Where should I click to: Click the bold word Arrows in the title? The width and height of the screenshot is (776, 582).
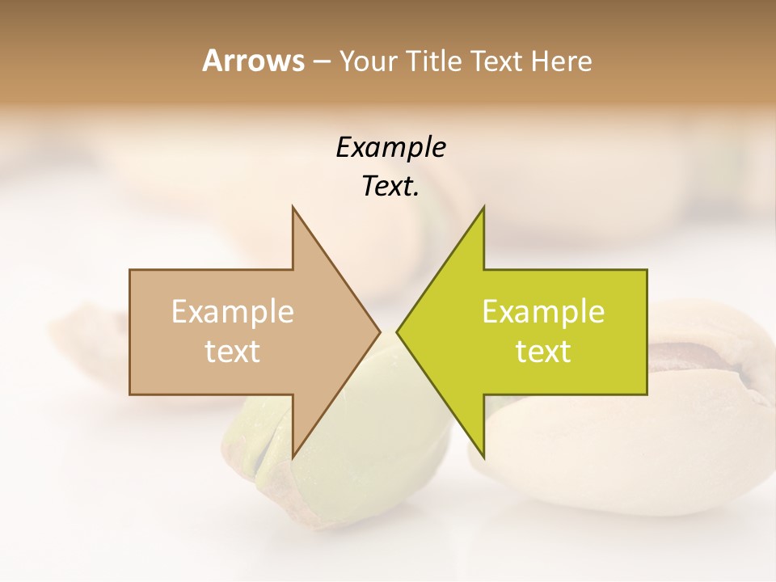click(253, 61)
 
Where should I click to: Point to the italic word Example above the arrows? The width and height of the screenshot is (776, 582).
click(390, 147)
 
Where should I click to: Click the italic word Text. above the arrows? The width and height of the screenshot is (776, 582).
click(390, 187)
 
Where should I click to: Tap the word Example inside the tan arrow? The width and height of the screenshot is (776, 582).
click(233, 311)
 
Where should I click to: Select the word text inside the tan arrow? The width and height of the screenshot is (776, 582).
click(233, 352)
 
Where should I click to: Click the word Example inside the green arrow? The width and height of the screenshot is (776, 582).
click(543, 311)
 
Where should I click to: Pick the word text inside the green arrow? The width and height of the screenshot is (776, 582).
click(543, 352)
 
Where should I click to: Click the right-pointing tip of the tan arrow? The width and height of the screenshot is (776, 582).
click(380, 331)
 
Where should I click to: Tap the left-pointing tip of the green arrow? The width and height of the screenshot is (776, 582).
click(397, 331)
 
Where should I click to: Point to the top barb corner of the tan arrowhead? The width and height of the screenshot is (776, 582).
click(293, 207)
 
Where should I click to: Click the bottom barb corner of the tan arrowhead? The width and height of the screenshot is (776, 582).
click(293, 457)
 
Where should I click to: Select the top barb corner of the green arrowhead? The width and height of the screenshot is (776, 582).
click(483, 207)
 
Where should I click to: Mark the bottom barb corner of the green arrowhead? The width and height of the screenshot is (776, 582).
click(483, 457)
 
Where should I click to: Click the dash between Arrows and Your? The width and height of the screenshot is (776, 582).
click(321, 62)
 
